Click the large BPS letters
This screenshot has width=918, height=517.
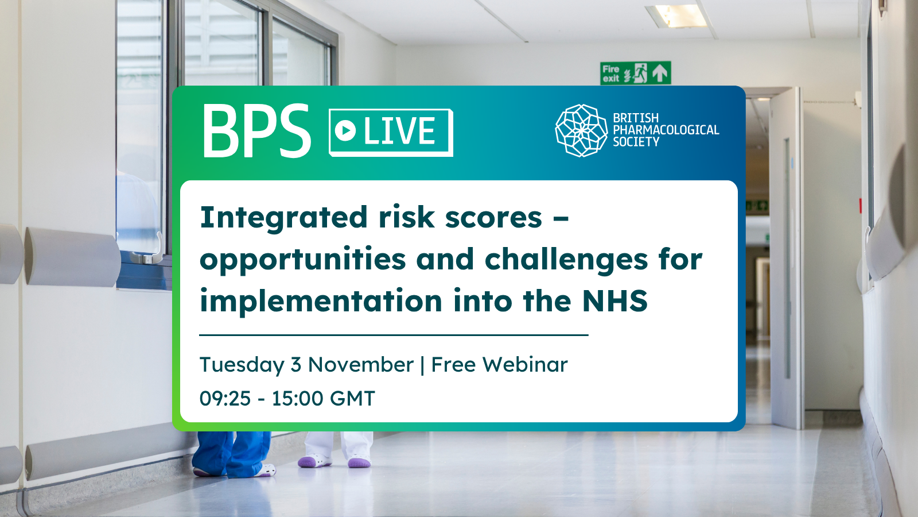pyautogui.click(x=257, y=130)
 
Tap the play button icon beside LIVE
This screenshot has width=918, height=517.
pyautogui.click(x=345, y=131)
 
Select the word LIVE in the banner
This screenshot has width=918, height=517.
pyautogui.click(x=399, y=131)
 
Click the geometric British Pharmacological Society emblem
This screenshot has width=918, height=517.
pyautogui.click(x=581, y=130)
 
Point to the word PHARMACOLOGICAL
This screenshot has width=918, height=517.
pyautogui.click(x=666, y=130)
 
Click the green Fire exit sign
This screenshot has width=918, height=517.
pyautogui.click(x=636, y=73)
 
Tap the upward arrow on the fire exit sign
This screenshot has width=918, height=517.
pyautogui.click(x=660, y=73)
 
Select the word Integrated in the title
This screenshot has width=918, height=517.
pyautogui.click(x=283, y=218)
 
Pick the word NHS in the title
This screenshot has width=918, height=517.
pyautogui.click(x=614, y=301)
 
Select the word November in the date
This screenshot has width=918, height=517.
pyautogui.click(x=361, y=365)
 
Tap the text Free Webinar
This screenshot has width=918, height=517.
pyautogui.click(x=500, y=365)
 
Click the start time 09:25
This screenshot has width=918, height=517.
pyautogui.click(x=225, y=399)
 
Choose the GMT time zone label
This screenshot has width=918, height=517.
pyautogui.click(x=352, y=399)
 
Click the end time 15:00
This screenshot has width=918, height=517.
pyautogui.click(x=298, y=399)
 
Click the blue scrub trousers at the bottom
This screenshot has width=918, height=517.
pyautogui.click(x=232, y=453)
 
